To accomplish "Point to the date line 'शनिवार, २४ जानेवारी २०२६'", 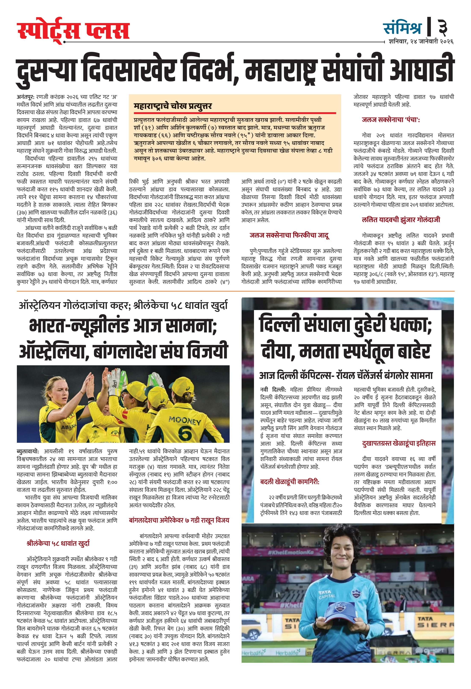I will tap(421, 42).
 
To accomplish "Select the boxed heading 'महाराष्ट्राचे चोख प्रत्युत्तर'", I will tap(173, 106).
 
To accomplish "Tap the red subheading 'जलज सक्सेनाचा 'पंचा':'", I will tap(390, 120).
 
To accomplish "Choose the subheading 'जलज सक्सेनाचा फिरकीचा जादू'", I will tap(289, 235).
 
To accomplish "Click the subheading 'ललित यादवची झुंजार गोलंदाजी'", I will tap(401, 220).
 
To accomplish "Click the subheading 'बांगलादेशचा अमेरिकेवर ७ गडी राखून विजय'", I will tap(179, 520).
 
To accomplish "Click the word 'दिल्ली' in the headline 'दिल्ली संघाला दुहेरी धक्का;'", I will tap(280, 324).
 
